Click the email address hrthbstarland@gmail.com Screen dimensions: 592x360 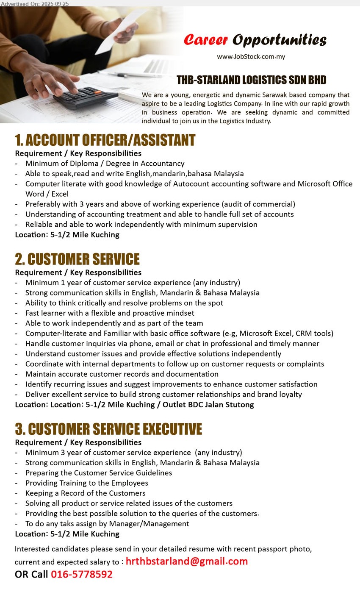186,561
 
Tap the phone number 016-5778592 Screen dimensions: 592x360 82,575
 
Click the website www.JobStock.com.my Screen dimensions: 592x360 251,57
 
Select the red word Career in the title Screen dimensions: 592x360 206,40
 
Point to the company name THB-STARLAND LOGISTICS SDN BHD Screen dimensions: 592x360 251,80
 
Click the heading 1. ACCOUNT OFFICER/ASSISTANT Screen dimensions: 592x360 105,140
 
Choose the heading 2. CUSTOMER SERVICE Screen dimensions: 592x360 77,259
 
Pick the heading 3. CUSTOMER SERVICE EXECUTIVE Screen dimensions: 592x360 108,429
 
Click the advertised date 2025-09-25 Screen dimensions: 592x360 55,3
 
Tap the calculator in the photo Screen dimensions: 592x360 85,97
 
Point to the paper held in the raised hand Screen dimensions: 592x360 119,32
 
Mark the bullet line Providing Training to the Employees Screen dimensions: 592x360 86,483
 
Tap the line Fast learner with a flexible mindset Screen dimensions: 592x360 110,313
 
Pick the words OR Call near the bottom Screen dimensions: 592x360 31,575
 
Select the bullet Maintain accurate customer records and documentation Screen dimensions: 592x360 122,374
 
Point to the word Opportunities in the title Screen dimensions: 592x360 279,40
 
